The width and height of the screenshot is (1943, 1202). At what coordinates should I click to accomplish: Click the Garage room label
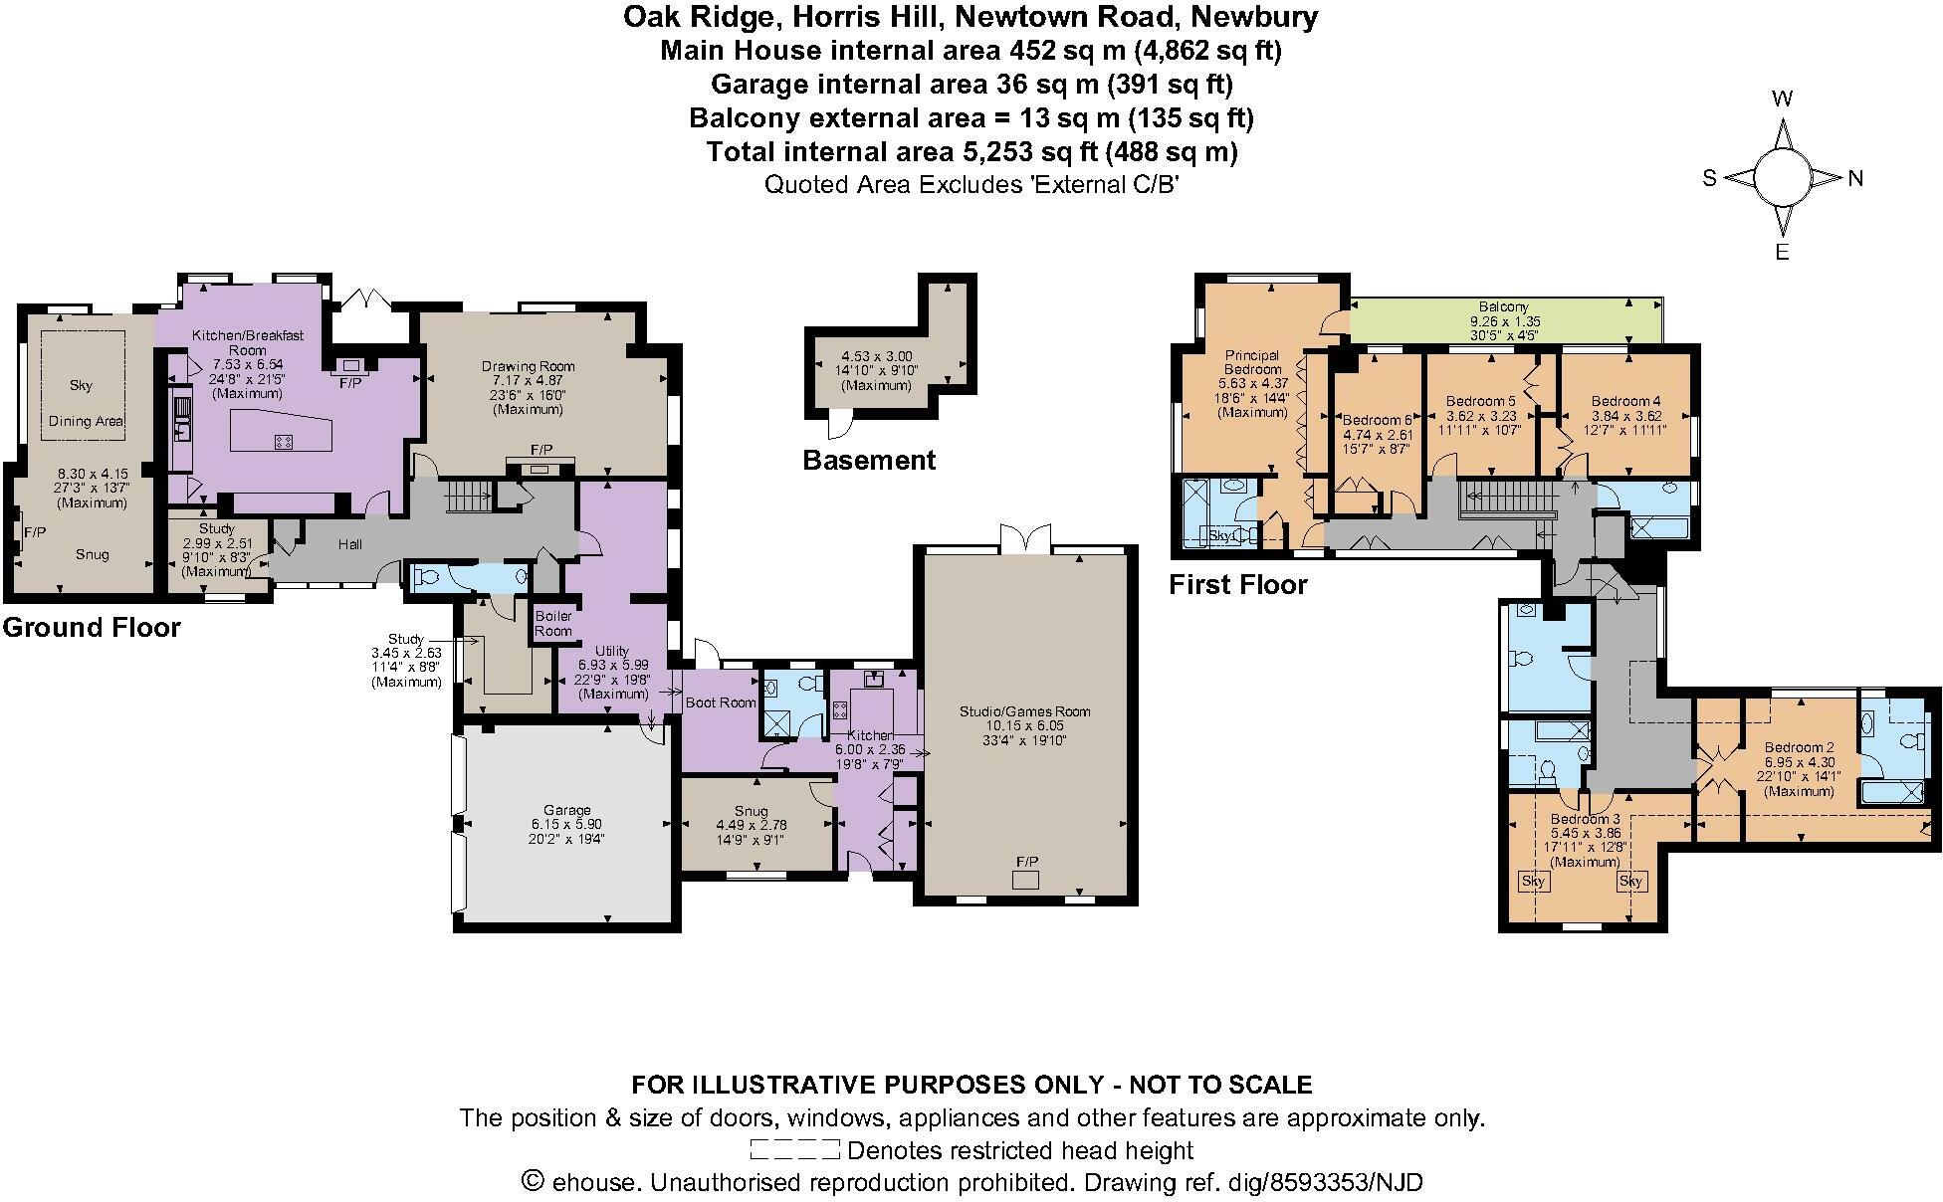point(566,810)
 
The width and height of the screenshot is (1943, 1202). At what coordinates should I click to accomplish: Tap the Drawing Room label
point(529,366)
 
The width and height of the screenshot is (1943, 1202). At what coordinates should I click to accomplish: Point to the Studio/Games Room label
point(1024,711)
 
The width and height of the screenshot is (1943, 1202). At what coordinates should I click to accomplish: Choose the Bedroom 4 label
point(1625,402)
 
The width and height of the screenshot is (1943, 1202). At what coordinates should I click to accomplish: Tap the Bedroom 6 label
point(1378,420)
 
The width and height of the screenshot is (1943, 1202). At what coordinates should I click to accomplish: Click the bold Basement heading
point(869,461)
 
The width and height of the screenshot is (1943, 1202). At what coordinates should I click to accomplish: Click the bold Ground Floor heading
point(92,628)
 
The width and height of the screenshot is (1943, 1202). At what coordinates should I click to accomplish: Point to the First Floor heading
point(1237,585)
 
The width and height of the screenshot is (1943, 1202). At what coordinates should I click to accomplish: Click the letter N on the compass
point(1855,179)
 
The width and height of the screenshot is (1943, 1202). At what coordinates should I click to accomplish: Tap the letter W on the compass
point(1783,99)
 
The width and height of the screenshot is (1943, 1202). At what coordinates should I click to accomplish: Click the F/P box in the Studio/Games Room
point(1025,881)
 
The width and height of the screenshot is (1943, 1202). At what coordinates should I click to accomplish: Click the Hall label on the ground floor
point(349,544)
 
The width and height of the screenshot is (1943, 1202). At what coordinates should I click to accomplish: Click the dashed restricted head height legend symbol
point(794,1151)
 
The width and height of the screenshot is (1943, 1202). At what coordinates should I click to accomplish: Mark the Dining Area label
point(86,421)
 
